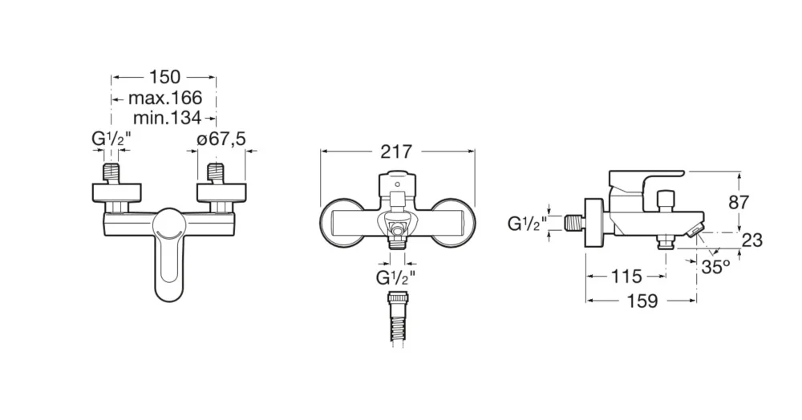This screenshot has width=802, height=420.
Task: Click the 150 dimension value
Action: coord(164,77)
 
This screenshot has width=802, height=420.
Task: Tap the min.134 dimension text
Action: coord(168,119)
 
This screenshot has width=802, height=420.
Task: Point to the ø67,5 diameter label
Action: coord(221,139)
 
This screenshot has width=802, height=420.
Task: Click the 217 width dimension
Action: coord(396,151)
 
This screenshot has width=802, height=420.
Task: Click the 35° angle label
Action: coord(716,267)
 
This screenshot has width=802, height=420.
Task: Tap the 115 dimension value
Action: coord(626,277)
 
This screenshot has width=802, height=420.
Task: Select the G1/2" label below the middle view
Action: coord(396,279)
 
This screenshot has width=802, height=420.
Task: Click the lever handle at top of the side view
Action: coord(646,176)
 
